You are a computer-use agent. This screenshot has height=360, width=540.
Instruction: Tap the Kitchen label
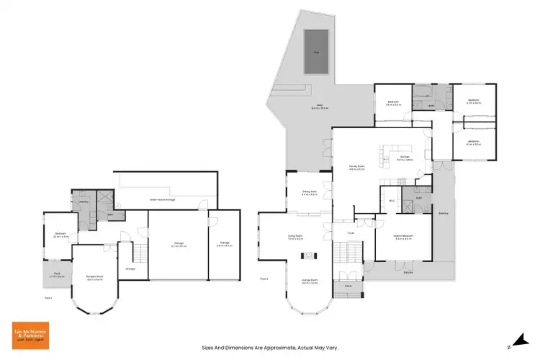tap(404, 158)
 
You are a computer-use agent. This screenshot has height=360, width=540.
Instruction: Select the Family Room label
tap(357, 168)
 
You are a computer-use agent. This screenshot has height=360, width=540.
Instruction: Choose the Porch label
tap(348, 285)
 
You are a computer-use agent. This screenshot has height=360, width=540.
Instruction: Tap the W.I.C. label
tap(392, 199)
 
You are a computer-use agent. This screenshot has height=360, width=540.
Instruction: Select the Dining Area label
tap(310, 193)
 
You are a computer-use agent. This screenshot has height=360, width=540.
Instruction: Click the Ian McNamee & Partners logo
tap(30, 333)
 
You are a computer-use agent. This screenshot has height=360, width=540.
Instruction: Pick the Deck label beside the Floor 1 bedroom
tap(56, 274)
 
